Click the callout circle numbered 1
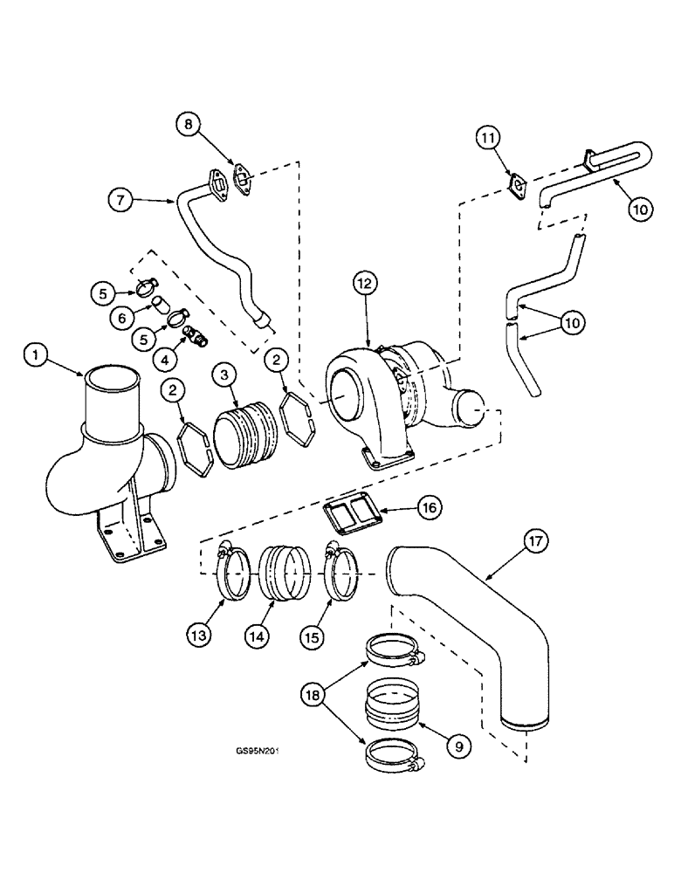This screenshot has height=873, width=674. click(36, 354)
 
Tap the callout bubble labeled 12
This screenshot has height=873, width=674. click(366, 282)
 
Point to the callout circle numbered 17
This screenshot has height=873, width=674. click(536, 543)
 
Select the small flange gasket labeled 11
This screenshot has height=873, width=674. click(519, 187)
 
